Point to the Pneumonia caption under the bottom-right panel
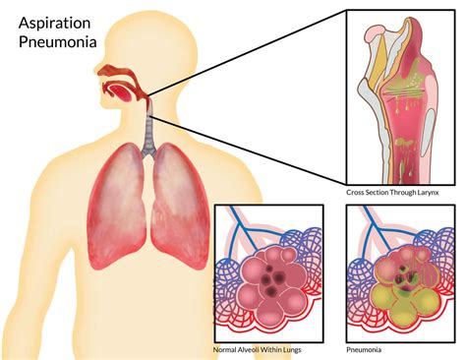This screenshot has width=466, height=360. pyautogui.click(x=365, y=349)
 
